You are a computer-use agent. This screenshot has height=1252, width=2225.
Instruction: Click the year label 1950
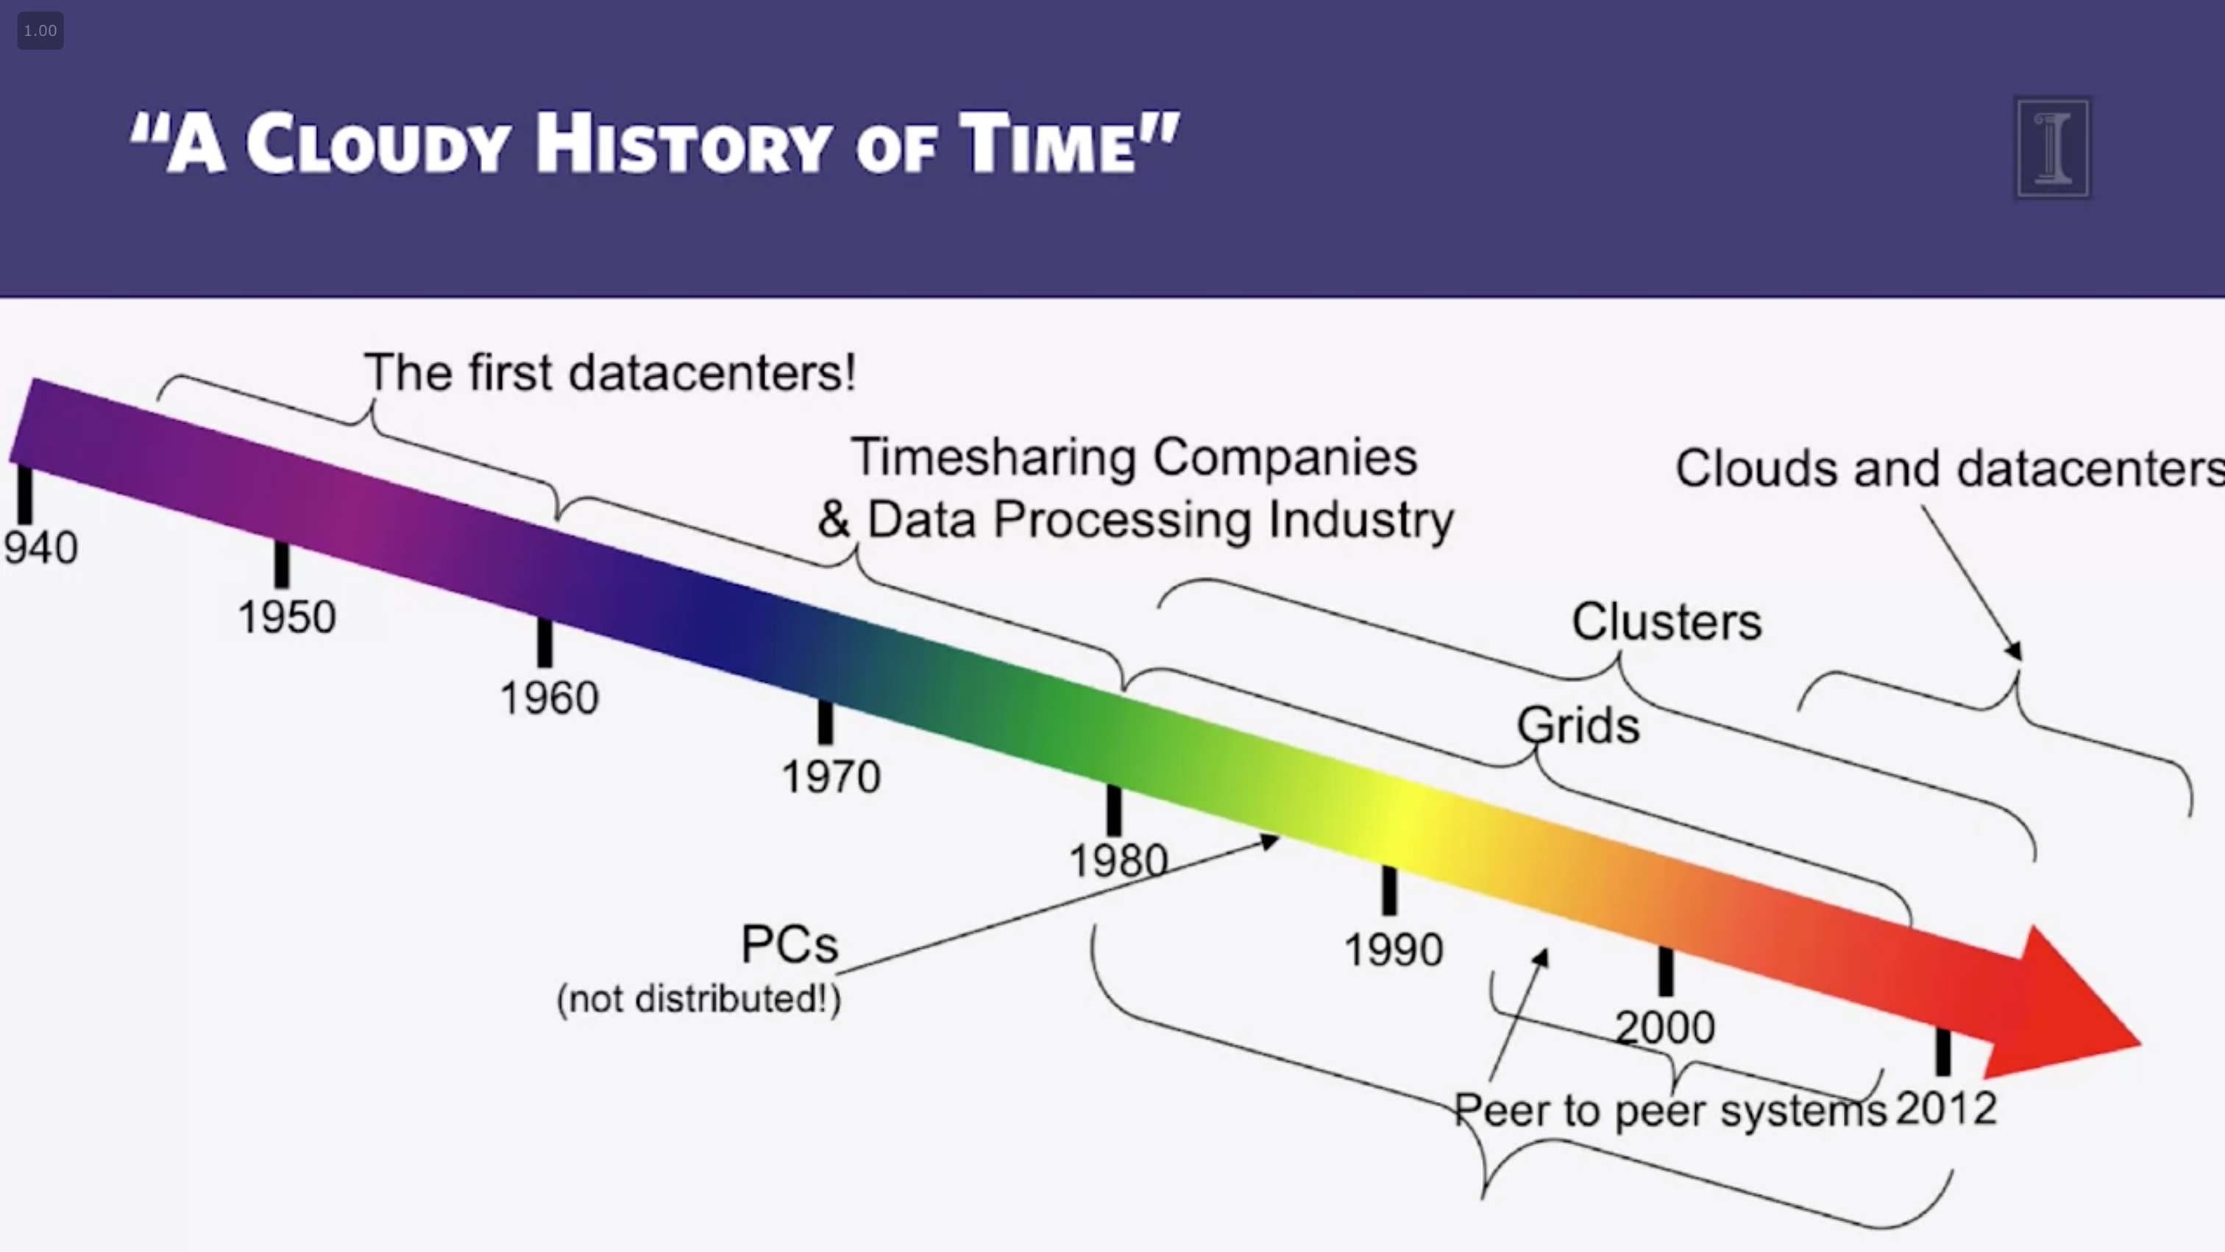(x=287, y=618)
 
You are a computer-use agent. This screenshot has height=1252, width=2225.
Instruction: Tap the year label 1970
(x=831, y=777)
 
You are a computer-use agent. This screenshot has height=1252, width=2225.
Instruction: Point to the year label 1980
(x=1118, y=860)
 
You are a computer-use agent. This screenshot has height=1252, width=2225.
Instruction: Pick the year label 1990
(x=1394, y=950)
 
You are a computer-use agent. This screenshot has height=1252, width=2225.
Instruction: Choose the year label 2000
(x=1665, y=1028)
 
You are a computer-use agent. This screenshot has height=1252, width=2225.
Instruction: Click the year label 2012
(x=1946, y=1108)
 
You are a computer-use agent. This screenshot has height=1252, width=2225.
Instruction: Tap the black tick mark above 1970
(x=826, y=721)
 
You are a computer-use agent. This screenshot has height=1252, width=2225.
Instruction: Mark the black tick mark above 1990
(x=1389, y=890)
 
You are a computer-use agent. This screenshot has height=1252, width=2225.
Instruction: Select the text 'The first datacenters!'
(x=610, y=372)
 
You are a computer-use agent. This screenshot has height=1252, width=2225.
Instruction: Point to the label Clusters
(x=1666, y=621)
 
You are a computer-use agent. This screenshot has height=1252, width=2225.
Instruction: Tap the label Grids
(x=1578, y=725)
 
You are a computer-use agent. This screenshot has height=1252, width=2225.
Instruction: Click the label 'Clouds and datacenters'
(x=1951, y=468)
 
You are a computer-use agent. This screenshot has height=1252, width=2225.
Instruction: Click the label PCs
(x=789, y=944)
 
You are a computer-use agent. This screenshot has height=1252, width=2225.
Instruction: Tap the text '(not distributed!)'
(x=699, y=1000)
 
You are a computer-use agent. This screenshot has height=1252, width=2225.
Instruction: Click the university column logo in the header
(x=2053, y=148)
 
